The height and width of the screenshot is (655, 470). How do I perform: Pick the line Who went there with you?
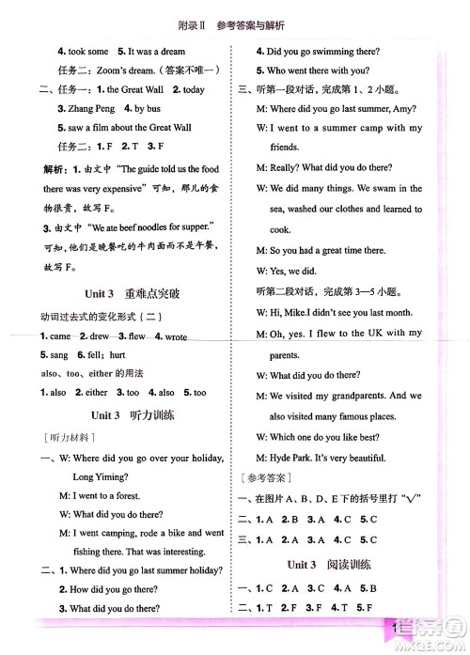tap(319, 70)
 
